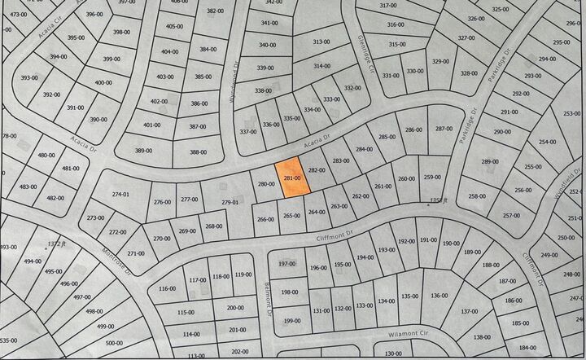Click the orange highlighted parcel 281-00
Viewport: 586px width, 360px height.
click(x=293, y=178)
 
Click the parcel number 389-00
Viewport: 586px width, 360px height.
click(x=143, y=151)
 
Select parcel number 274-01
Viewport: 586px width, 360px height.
click(x=120, y=194)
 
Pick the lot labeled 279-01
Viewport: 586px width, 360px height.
click(x=230, y=202)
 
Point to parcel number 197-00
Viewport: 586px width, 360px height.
click(x=287, y=264)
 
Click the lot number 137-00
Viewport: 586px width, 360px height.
click(x=470, y=311)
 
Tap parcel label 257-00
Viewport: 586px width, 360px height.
click(x=510, y=216)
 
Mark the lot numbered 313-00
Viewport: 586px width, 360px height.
click(x=321, y=42)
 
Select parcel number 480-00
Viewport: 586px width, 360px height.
click(x=46, y=155)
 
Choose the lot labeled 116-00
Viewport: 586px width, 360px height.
click(x=166, y=288)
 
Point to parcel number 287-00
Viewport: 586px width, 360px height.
click(x=444, y=129)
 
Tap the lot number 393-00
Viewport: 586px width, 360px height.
click(x=29, y=77)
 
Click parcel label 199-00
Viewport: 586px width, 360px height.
click(x=289, y=321)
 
